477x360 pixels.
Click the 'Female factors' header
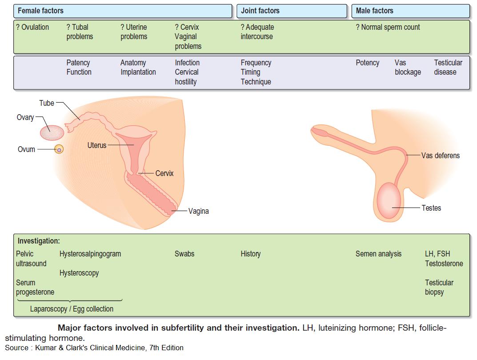coord(40,11)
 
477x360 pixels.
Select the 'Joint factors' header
coord(260,11)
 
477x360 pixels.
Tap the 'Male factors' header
coord(374,11)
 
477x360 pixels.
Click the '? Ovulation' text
coord(32,27)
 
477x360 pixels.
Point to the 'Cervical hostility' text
coord(187,77)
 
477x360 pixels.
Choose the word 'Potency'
coord(367,63)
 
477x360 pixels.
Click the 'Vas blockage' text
coord(407,67)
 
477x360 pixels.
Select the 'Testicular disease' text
coord(448,67)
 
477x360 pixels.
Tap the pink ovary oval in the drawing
coord(52,132)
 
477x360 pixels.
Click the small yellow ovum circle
coord(59,150)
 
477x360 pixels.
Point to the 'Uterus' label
coord(97,145)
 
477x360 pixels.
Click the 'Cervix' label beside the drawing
coord(164,173)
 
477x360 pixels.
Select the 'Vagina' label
coord(198,211)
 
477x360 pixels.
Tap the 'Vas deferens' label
coord(440,156)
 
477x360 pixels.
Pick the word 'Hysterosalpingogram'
coord(90,254)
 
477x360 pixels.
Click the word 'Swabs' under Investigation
coord(184,254)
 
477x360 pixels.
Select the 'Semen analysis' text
coord(378,254)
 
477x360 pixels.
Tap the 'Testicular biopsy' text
coord(439,287)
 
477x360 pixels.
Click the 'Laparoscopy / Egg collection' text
coord(72,309)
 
